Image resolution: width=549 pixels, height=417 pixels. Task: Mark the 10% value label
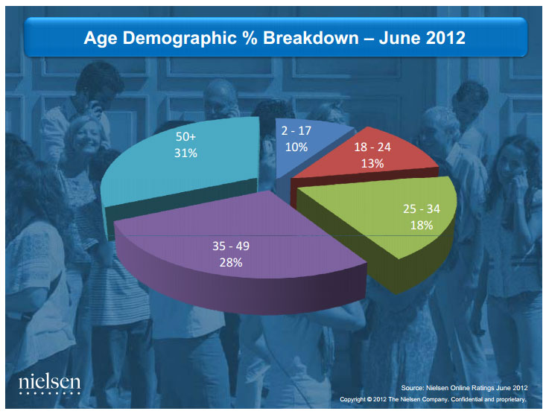295,147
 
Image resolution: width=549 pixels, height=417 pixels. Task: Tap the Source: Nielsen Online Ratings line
464,388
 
